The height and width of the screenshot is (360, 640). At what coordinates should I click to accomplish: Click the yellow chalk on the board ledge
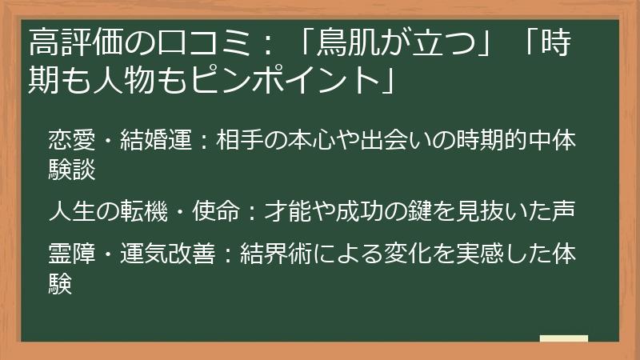[x=563, y=338]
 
